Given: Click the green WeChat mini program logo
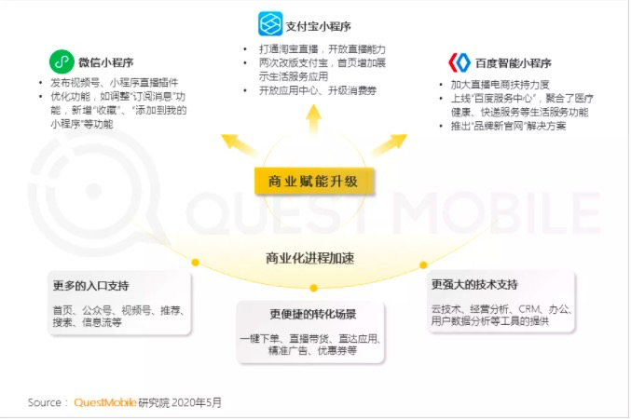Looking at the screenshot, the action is [x=62, y=61].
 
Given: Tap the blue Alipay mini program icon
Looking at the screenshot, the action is [x=270, y=23].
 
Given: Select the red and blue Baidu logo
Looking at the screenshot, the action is [x=460, y=62].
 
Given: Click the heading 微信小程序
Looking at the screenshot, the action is [x=106, y=62].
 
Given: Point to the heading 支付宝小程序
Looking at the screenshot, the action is [x=319, y=26].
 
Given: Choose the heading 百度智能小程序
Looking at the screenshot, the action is [x=513, y=63].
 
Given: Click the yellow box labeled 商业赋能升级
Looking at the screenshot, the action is [x=314, y=182].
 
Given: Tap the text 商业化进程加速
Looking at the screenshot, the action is [x=309, y=258].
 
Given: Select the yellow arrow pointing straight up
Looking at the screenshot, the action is [x=313, y=118].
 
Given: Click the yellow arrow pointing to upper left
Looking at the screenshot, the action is [x=239, y=144].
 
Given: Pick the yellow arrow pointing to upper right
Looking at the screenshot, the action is [x=390, y=144].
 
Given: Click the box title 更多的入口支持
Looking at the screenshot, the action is [x=91, y=286].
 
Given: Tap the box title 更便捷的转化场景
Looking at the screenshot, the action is [x=313, y=314].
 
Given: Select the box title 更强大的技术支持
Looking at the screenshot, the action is [x=474, y=285].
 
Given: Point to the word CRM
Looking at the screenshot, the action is [x=529, y=309].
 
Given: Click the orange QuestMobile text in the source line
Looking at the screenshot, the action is [x=105, y=402].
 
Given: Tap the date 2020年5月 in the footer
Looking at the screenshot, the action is [x=197, y=402].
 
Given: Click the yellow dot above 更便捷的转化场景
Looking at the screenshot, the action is [x=314, y=288].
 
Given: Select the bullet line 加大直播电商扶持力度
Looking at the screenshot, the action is [x=500, y=85].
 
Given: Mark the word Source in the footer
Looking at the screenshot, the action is [x=44, y=402].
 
